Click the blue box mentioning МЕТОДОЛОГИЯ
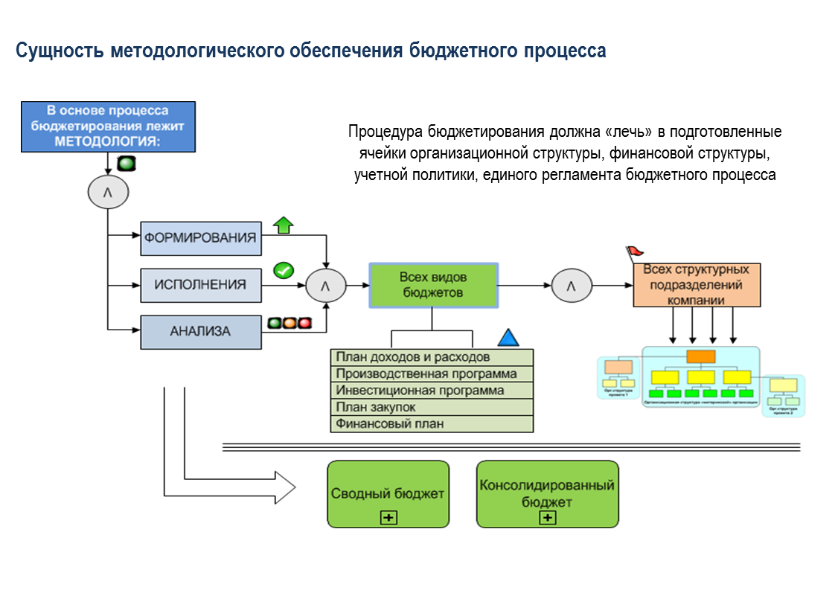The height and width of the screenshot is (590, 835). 108,126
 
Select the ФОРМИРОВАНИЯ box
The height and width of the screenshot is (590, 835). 201,238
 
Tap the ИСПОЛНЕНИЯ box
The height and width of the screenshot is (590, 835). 201,285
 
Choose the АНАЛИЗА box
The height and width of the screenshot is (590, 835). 201,332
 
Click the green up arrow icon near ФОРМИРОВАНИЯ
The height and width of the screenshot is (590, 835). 283,225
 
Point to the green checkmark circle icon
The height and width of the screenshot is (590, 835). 284,271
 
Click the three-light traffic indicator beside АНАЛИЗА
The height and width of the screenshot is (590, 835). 289,324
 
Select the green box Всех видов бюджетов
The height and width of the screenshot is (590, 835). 433,285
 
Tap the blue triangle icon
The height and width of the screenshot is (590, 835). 508,338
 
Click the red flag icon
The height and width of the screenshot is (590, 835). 634,252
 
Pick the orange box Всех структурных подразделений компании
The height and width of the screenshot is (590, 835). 697,285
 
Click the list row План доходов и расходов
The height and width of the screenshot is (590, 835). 432,357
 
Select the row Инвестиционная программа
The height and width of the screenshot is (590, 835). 432,391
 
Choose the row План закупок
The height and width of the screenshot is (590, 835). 432,408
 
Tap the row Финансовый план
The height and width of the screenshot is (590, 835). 432,424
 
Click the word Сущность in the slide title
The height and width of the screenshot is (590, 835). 60,51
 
